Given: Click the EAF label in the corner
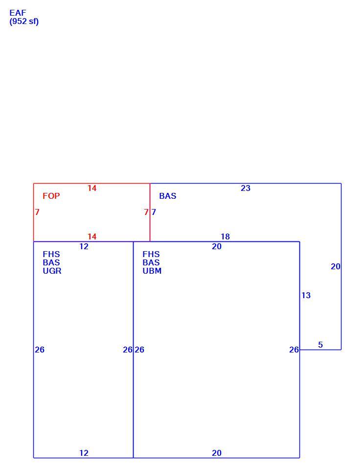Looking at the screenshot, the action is [x=18, y=13].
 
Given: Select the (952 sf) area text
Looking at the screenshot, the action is [x=24, y=22].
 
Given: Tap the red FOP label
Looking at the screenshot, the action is [x=51, y=196].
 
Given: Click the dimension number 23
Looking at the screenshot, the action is [x=246, y=188].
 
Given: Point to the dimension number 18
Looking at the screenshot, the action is [x=225, y=237].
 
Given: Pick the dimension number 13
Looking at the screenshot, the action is [x=306, y=296].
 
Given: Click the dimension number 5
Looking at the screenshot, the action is [x=320, y=345].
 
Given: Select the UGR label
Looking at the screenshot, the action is [x=52, y=271].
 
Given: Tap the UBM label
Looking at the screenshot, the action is [x=152, y=271].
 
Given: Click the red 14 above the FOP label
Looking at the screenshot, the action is [x=92, y=188].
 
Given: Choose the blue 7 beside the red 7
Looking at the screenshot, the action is [x=154, y=212].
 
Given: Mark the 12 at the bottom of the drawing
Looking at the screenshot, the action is [x=84, y=453].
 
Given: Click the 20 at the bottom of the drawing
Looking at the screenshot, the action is [x=217, y=453].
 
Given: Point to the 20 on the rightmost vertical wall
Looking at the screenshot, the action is [x=336, y=267].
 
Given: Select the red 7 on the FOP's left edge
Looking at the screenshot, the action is [x=37, y=212].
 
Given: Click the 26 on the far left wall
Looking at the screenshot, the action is [x=40, y=350].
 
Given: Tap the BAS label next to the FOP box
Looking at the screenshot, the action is [x=168, y=196].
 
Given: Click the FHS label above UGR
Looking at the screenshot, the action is [x=51, y=254].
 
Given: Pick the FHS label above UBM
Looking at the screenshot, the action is [x=151, y=254].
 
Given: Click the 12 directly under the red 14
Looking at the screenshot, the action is [x=84, y=246].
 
